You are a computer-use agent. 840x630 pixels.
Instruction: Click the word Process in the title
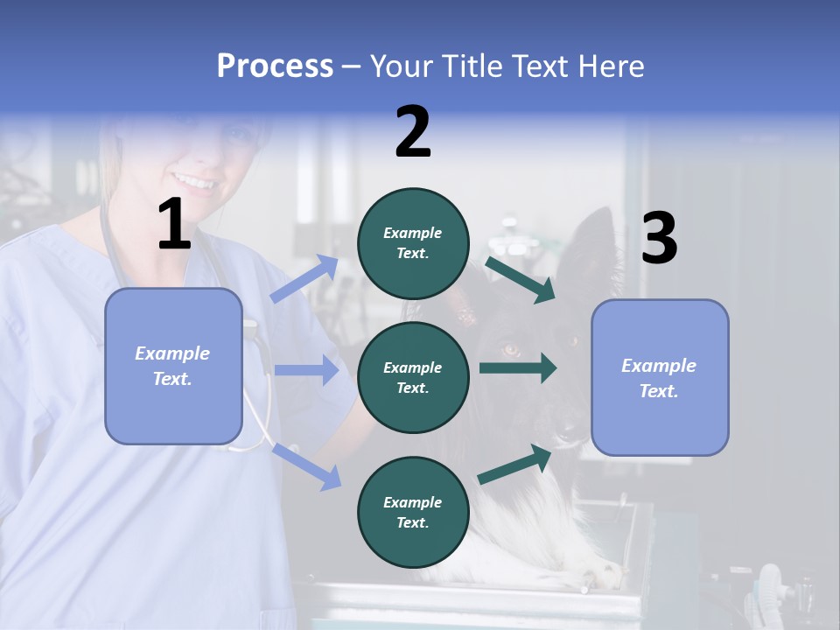275,66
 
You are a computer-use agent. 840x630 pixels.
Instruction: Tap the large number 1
174,226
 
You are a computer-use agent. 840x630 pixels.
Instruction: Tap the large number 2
413,132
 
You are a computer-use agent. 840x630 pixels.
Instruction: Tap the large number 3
659,239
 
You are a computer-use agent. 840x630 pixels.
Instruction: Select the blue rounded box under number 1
173,366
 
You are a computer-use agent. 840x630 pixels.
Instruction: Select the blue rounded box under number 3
660,377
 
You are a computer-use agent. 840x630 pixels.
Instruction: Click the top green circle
413,243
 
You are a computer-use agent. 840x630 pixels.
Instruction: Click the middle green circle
413,377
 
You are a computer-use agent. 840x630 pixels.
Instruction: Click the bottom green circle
413,512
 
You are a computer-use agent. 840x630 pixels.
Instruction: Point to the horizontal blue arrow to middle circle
306,370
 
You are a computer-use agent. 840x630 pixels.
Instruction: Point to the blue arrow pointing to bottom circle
307,465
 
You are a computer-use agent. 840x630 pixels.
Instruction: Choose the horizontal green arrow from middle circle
517,367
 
